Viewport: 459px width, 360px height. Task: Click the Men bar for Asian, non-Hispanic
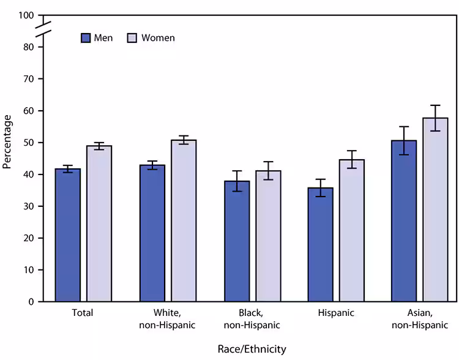pos(404,221)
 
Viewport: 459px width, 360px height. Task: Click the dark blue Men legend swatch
pos(86,38)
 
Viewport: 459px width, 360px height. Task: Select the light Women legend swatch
pos(132,38)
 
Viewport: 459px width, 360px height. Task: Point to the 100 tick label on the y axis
pos(27,15)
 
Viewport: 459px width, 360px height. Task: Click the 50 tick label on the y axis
pos(29,143)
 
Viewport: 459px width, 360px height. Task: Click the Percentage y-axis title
pos(7,141)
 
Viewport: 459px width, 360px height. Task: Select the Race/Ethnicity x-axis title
pos(252,348)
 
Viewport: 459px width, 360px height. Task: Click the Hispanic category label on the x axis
pos(336,313)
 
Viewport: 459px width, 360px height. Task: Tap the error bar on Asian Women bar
pos(435,118)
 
